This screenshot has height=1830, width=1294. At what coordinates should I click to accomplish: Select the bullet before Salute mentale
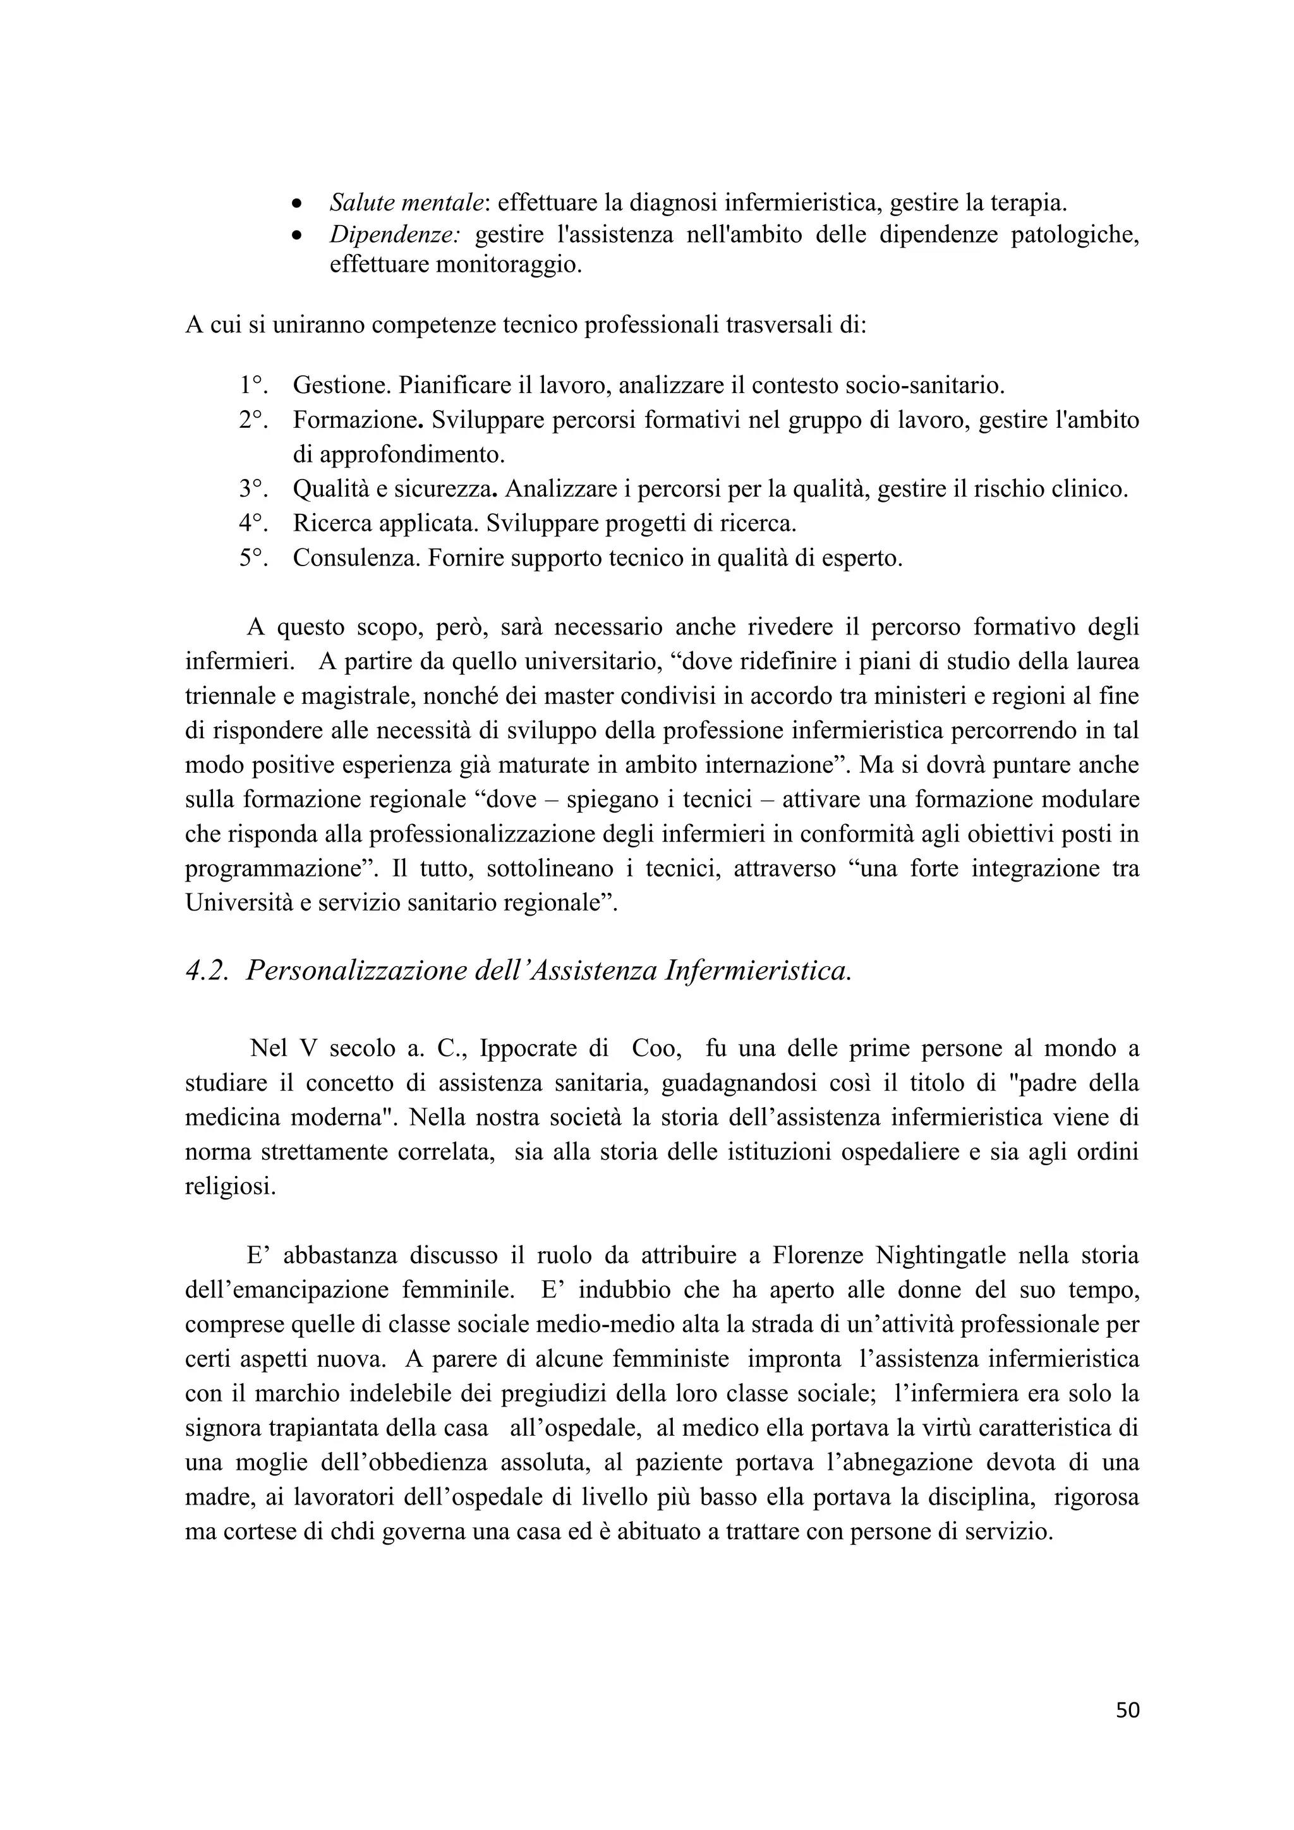296,204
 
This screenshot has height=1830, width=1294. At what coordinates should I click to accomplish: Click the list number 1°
253,385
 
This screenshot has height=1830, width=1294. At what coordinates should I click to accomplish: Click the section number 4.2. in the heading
210,971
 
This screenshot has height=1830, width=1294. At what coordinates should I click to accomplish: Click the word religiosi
230,1187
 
